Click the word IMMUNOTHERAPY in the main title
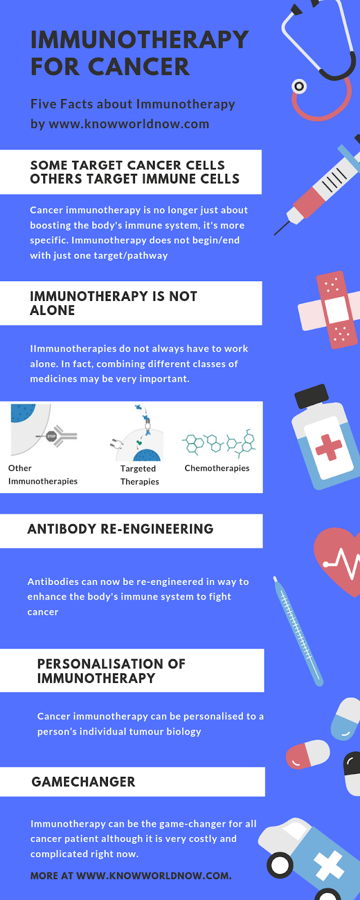coord(139,39)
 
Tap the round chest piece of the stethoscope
coord(299,86)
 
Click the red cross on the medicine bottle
coord(328,447)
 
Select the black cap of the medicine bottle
coord(312,395)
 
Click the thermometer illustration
coord(298,631)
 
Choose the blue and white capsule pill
coord(345,719)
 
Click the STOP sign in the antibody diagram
coord(51,436)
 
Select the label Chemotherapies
coord(217,468)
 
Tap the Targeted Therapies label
coord(139,475)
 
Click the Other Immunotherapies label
coord(43,475)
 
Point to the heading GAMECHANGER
coord(83,782)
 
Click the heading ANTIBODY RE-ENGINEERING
coord(120,529)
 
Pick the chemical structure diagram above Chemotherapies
coord(219,443)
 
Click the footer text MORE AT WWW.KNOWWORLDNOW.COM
coord(131,876)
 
